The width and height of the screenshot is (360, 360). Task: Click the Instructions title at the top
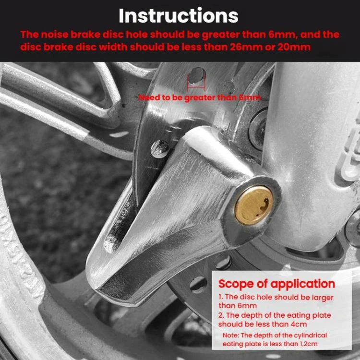click(x=179, y=15)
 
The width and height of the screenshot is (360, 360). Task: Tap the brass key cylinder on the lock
click(x=253, y=205)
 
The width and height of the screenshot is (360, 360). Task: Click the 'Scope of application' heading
click(x=276, y=283)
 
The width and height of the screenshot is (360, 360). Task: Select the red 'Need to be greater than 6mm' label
click(x=200, y=98)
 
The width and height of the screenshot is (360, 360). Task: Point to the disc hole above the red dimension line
click(x=196, y=75)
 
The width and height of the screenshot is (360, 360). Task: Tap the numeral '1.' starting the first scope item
click(x=221, y=298)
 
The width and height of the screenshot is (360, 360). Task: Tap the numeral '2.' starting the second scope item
click(x=221, y=315)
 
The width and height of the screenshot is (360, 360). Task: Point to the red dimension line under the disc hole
click(x=196, y=88)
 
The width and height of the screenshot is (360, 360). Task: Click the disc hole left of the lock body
click(x=159, y=148)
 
